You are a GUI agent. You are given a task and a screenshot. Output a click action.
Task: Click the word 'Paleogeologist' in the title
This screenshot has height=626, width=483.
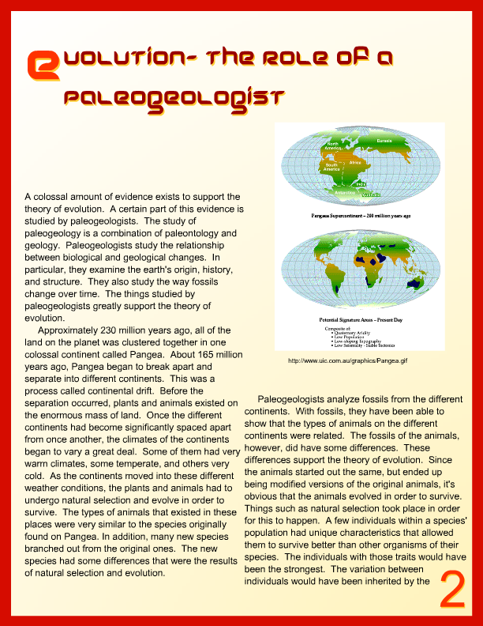click(x=173, y=97)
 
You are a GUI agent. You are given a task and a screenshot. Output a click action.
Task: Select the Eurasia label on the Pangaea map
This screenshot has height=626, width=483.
click(x=384, y=141)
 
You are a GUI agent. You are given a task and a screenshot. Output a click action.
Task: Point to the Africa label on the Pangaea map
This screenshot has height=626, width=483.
click(x=354, y=162)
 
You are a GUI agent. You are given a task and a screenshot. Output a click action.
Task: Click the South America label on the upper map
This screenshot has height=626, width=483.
click(x=331, y=166)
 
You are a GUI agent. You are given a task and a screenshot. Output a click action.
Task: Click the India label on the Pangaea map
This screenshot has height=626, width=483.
click(x=361, y=184)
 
